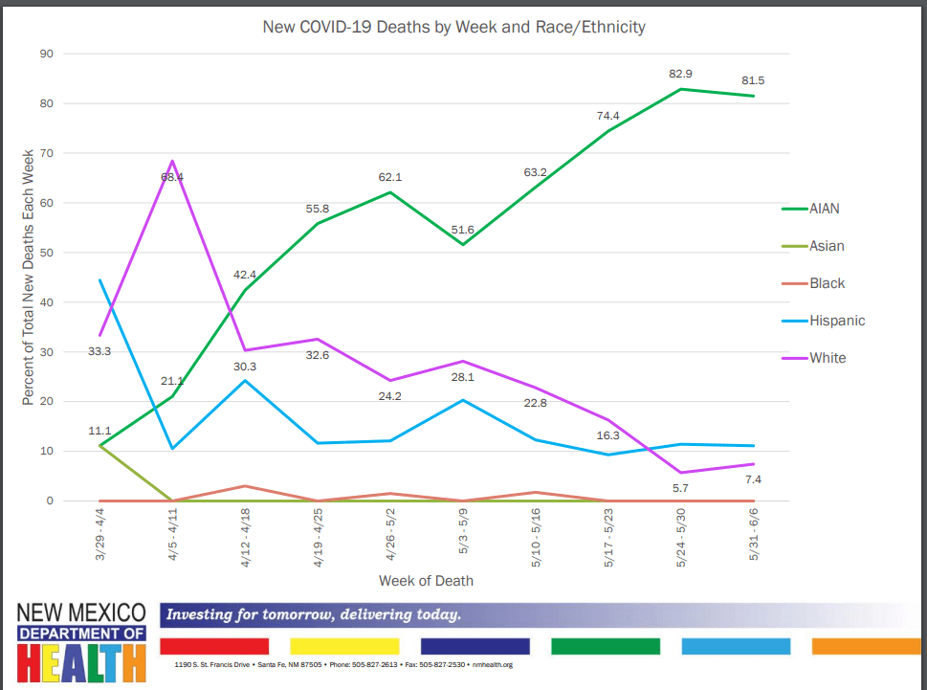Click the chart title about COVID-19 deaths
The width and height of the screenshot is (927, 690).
click(453, 27)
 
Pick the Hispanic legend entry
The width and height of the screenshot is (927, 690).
click(836, 321)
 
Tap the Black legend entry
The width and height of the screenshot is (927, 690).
click(828, 283)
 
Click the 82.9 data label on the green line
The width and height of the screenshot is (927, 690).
click(678, 74)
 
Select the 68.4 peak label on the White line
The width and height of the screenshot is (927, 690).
click(172, 177)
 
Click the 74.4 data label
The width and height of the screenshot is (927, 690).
click(607, 116)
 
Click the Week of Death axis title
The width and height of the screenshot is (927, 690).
click(426, 581)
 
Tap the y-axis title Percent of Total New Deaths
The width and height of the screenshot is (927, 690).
click(29, 276)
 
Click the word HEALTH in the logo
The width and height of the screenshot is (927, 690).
click(81, 662)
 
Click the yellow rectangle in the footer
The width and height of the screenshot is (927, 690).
click(343, 646)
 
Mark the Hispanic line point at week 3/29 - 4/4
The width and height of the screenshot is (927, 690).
click(100, 279)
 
